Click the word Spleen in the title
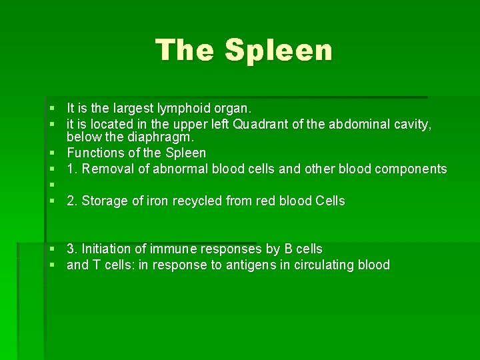click(279, 51)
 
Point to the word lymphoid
click(183, 108)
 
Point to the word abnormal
click(181, 169)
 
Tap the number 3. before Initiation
click(72, 249)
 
